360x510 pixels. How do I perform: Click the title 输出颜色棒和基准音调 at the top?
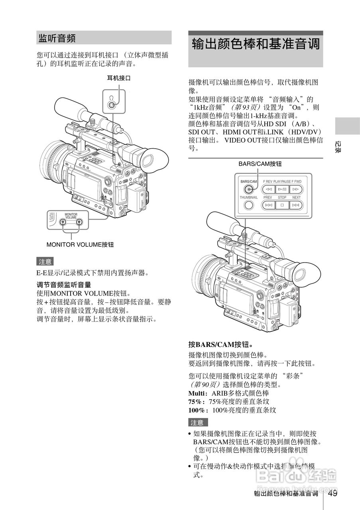click(x=256, y=44)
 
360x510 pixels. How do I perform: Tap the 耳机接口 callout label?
click(x=118, y=78)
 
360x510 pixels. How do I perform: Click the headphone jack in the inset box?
click(x=112, y=106)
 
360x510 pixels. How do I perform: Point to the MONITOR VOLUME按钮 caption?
click(x=80, y=245)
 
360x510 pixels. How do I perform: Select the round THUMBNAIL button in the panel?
click(x=249, y=205)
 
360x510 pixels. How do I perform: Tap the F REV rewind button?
click(x=269, y=189)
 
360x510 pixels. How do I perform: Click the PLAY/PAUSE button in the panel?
click(x=282, y=189)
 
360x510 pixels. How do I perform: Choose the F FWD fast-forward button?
click(x=295, y=189)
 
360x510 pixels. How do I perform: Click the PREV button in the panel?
click(x=269, y=205)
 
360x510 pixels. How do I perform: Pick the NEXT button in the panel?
click(x=295, y=205)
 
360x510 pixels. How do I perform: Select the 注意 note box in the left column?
click(x=45, y=262)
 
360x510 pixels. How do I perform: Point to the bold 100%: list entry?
click(x=198, y=410)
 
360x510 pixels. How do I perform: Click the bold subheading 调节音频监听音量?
click(x=64, y=285)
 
